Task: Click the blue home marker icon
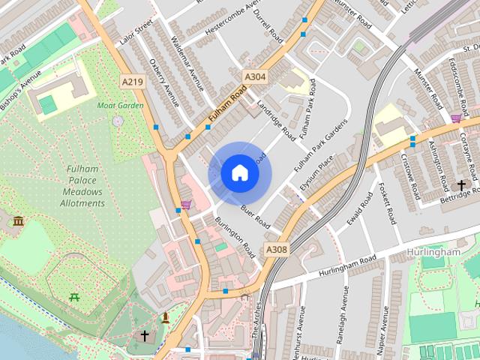pos(240,173)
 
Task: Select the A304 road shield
pos(254,76)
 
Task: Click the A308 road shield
pos(276,249)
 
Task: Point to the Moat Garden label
pos(120,105)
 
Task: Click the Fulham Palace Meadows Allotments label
pos(82,186)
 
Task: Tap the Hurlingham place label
pos(433,253)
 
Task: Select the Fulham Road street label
pos(227,106)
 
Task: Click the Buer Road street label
pos(255,214)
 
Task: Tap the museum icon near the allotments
pos(18,221)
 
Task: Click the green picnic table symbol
pos(74,298)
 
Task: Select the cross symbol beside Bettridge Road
pos(461,184)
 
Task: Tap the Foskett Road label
pos(387,204)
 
